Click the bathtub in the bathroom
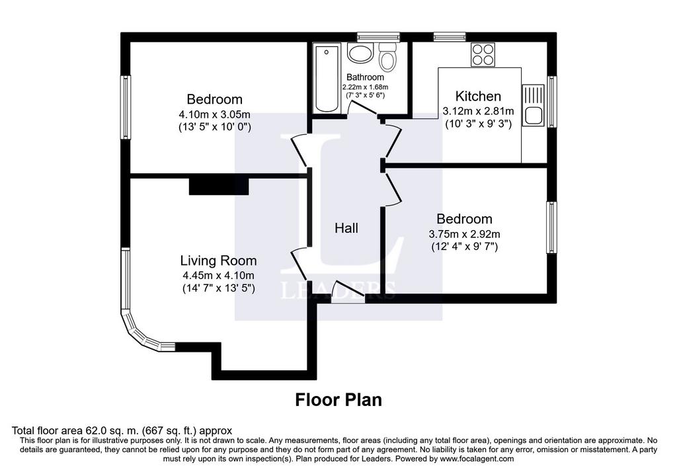point(327,79)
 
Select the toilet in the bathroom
point(387,57)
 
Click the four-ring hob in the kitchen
point(483,55)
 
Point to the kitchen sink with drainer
point(533,105)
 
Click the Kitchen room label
point(478,96)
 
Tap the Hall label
point(346,228)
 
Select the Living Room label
point(218,260)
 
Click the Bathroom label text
point(365,77)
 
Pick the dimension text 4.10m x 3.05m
point(215,115)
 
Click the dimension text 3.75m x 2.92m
point(464,235)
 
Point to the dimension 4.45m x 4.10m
point(218,276)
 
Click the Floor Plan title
point(338,400)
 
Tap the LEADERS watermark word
point(338,291)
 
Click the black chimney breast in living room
point(219,186)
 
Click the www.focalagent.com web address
point(477,459)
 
